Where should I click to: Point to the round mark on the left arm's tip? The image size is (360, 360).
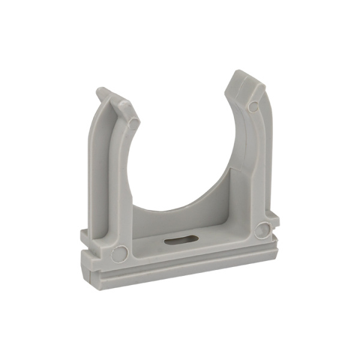[x=133, y=124]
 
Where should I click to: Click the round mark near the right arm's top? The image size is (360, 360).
[x=253, y=107]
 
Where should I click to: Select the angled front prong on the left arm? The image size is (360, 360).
[x=126, y=111]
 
